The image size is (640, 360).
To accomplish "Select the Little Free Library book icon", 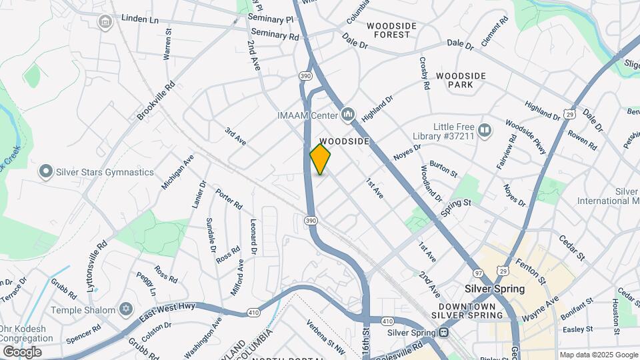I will tap(485, 131).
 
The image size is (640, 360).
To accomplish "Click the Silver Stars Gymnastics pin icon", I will tap(45, 172).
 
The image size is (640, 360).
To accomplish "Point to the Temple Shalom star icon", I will tap(125, 310).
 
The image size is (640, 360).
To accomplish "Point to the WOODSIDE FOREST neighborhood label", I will tap(391, 30).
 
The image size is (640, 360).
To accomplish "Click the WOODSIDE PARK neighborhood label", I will tap(461, 81).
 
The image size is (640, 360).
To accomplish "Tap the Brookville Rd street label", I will tap(156, 101).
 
